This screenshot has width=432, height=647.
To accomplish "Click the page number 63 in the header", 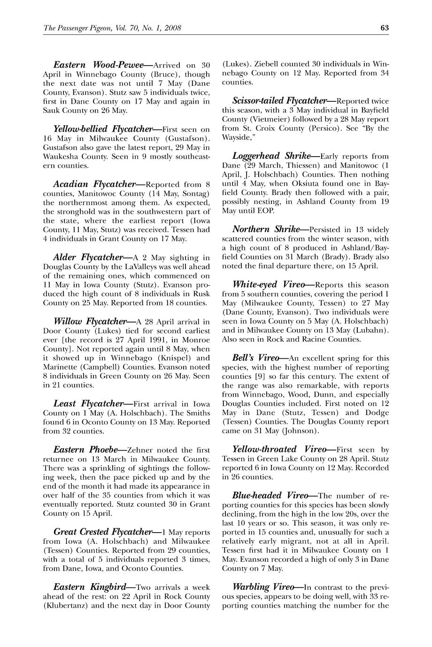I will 385,28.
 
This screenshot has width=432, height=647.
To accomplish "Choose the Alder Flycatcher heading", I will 88,257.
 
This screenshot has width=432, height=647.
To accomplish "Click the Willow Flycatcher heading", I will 90,322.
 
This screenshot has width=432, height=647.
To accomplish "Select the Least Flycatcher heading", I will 89,404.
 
